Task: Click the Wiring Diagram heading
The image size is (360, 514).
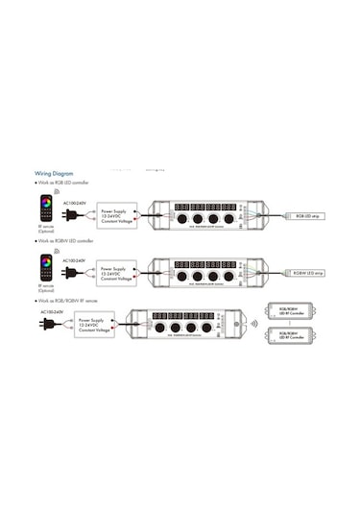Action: pyautogui.click(x=56, y=175)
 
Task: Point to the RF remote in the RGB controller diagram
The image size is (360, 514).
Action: pyautogui.click(x=44, y=208)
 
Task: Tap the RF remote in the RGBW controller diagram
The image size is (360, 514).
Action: pyautogui.click(x=44, y=264)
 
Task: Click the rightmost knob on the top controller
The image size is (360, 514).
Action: pyautogui.click(x=232, y=220)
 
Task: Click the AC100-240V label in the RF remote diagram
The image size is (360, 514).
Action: pyautogui.click(x=52, y=311)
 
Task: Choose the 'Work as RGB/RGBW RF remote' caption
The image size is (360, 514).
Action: pyautogui.click(x=73, y=301)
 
